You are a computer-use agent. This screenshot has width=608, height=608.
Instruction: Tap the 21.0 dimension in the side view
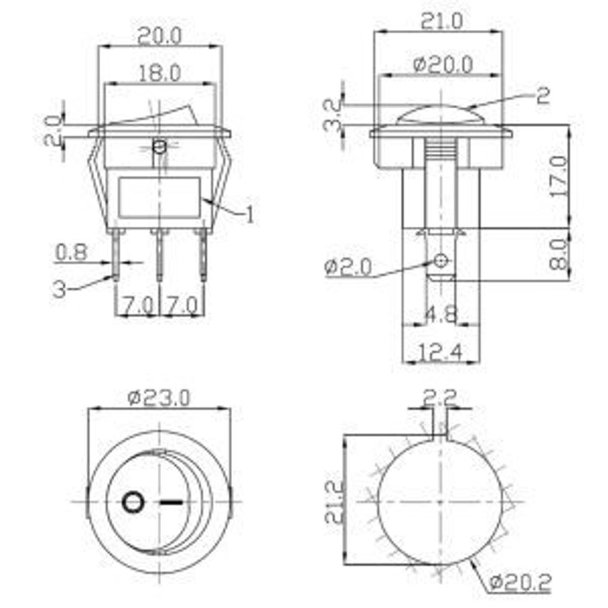pos(441,22)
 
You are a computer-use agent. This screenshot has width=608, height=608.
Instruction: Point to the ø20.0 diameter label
pos(443,63)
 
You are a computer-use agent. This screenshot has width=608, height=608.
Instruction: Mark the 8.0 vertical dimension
pos(558,254)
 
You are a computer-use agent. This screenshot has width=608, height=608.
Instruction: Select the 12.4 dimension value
pos(441,351)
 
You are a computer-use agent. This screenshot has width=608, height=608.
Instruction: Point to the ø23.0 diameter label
pos(159,398)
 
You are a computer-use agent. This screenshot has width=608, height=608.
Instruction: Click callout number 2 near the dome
pos(543,96)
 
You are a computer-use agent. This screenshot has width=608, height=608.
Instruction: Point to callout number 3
pos(59,289)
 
